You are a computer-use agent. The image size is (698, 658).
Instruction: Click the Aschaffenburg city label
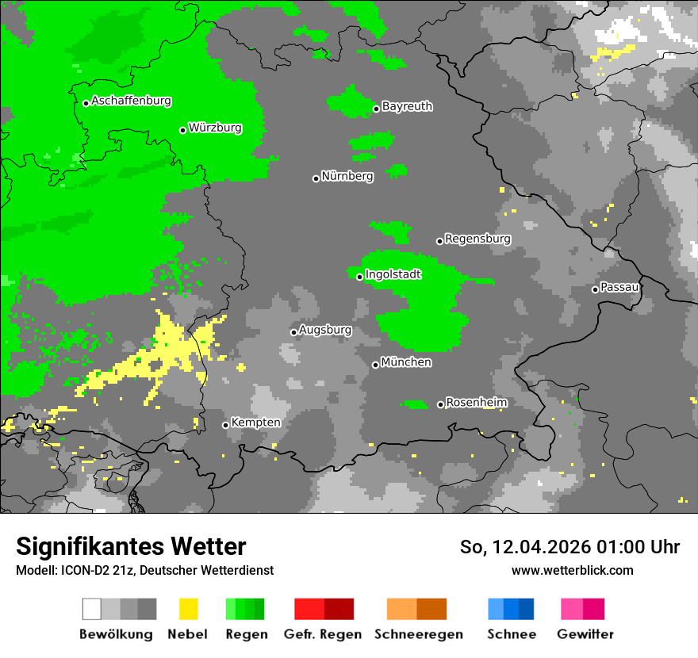pos(131,101)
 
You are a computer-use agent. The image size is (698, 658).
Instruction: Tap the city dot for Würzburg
pos(182,130)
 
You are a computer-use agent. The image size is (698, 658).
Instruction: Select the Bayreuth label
pos(407,106)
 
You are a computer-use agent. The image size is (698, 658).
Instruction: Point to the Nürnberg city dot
pos(316,178)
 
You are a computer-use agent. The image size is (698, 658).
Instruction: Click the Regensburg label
pos(477,239)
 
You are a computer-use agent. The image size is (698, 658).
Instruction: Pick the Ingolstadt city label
pos(393,274)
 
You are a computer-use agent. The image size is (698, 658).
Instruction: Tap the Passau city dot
pos(595,289)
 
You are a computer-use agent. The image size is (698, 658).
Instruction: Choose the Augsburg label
pos(324,330)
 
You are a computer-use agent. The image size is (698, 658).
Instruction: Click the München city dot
pos(375,365)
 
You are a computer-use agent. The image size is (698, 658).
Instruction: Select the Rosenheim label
pos(476,403)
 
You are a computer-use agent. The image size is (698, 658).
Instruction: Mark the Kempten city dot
pos(225,425)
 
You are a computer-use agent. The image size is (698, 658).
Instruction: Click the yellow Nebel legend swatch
pos(188,609)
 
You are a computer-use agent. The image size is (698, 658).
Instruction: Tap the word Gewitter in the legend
pos(585,634)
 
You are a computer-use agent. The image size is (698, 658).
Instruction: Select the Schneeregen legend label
pos(418,634)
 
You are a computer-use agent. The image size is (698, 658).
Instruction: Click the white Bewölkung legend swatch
pos(92,609)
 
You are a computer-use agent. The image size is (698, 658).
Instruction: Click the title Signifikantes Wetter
pos(131,547)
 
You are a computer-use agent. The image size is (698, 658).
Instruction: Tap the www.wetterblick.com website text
pos(572,570)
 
